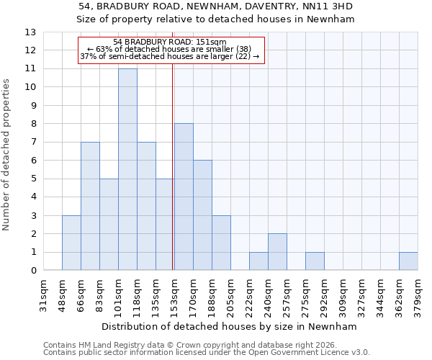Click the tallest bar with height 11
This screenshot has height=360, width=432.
127,169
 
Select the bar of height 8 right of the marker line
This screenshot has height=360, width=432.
184,197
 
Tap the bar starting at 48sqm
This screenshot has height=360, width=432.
71,243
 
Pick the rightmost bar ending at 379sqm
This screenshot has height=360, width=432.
408,261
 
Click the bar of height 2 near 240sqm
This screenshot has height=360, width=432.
277,252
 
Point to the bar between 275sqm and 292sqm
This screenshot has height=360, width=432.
315,261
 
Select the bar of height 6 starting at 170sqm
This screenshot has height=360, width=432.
202,215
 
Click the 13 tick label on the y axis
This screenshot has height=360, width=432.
30,32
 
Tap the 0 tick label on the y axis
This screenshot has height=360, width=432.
32,271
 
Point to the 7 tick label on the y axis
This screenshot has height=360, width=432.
32,143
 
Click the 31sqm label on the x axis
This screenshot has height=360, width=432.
43,296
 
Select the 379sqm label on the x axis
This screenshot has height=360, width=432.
418,296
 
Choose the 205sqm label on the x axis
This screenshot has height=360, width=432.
230,296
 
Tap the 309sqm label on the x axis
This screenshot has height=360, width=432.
343,296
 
